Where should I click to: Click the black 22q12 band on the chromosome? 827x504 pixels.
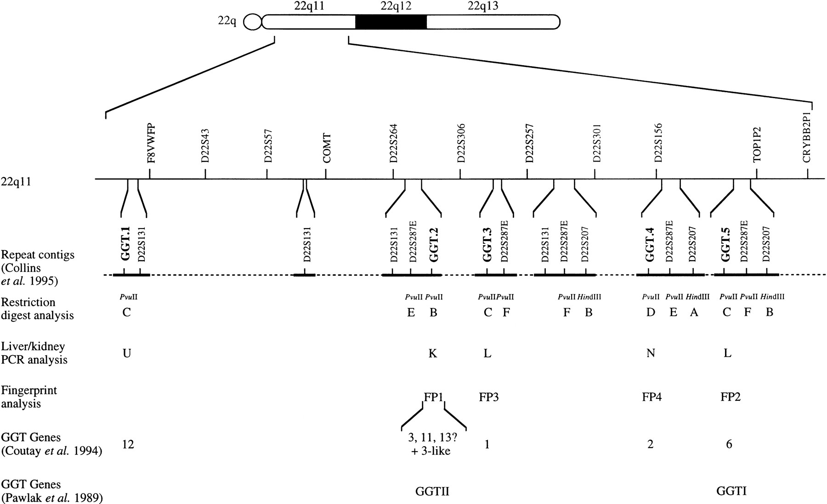pos(391,22)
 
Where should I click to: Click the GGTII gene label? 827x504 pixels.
pos(432,492)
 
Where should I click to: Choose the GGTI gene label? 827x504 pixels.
pos(731,491)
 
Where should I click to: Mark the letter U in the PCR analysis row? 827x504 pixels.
pos(127,353)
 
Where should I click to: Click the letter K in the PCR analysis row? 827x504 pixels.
pos(432,353)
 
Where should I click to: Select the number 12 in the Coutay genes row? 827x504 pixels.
pos(128,444)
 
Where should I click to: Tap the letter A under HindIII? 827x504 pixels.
pos(694,313)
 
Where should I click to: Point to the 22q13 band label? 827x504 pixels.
pos(483,6)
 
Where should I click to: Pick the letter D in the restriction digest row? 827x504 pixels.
pos(650,313)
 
